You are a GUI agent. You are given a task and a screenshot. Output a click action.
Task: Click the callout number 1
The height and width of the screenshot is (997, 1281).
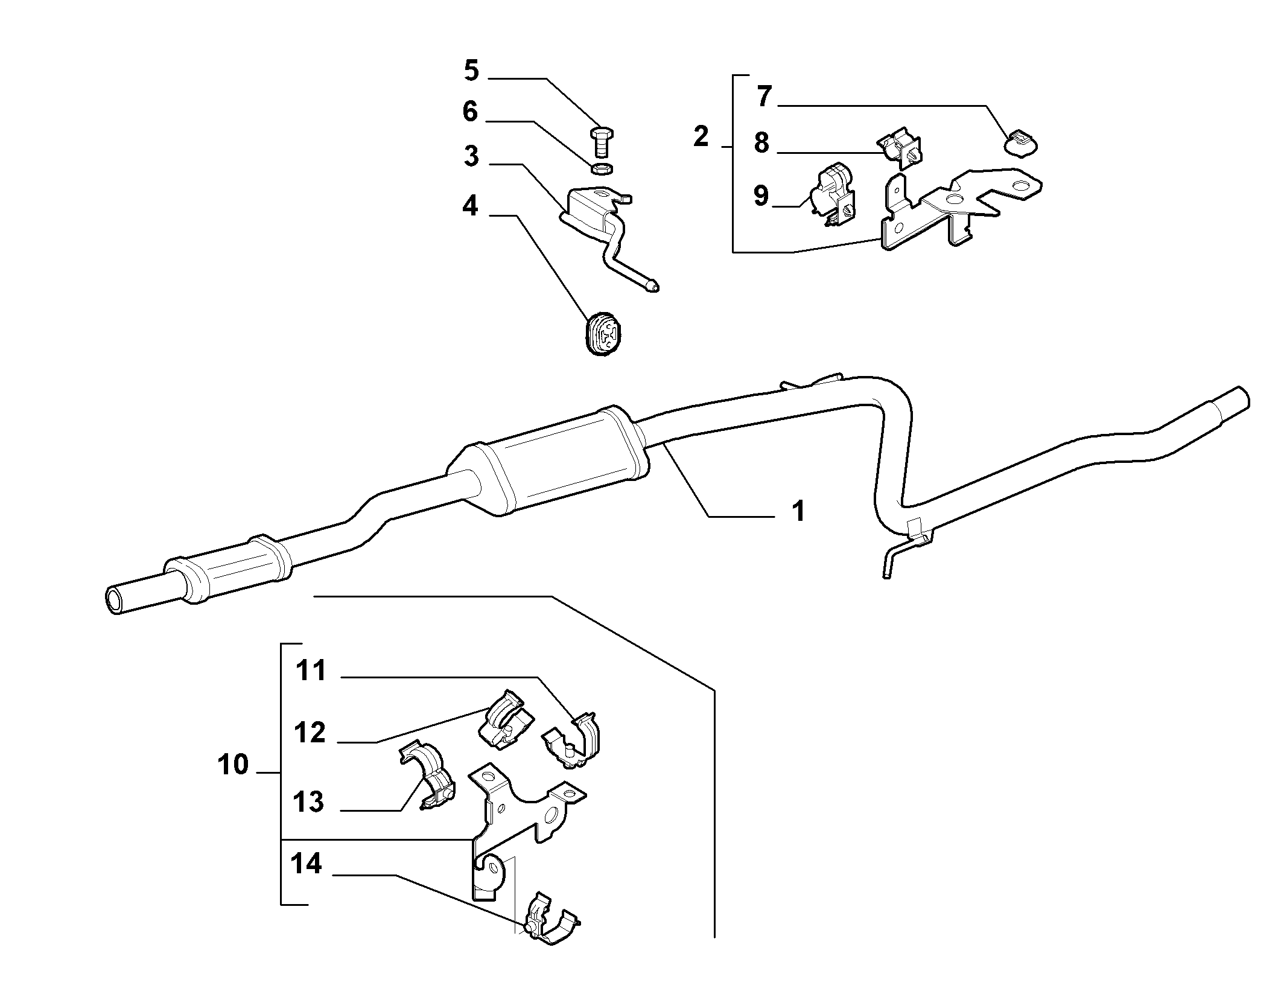click(x=798, y=511)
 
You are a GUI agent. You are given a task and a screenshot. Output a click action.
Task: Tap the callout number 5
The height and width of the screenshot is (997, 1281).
click(x=471, y=71)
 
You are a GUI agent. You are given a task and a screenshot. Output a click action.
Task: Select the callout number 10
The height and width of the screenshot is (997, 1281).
click(x=233, y=765)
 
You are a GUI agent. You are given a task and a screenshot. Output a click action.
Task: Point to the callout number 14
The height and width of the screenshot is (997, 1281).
click(x=307, y=864)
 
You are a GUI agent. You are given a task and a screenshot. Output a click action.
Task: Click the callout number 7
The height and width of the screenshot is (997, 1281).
click(x=764, y=97)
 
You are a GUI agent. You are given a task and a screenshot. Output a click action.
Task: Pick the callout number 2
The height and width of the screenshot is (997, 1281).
click(x=701, y=137)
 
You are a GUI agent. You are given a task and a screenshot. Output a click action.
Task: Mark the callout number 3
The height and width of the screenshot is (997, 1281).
click(x=471, y=156)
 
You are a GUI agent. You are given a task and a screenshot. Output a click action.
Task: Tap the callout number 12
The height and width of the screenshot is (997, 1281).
click(x=310, y=733)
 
